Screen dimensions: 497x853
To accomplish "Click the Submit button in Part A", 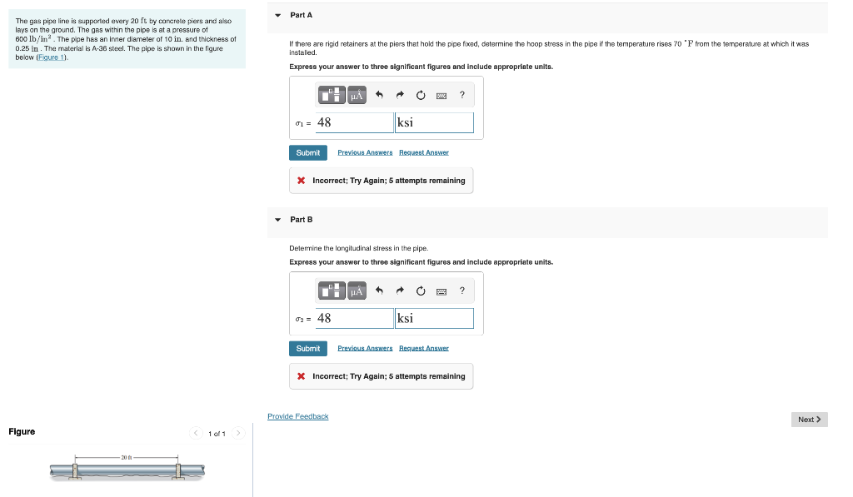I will point(307,153).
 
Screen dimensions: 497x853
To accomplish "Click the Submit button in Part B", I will point(307,349).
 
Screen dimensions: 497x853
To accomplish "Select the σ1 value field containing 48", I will point(353,123).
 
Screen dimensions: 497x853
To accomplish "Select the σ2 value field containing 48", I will point(353,319).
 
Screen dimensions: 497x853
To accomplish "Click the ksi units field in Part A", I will point(434,123).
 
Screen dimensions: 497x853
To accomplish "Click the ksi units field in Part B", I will point(434,319).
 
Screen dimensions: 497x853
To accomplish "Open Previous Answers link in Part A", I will point(365,153).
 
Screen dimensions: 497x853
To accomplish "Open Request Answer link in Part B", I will point(424,349).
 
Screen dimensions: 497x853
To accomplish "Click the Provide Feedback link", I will point(297,416).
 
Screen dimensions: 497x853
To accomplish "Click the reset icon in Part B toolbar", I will point(421,291).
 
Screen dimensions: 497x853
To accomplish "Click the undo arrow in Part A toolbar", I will point(379,96).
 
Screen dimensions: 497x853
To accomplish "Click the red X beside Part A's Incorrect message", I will point(301,181).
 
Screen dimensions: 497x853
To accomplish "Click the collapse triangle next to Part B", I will point(278,220).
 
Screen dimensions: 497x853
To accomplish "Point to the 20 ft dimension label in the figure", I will point(127,457).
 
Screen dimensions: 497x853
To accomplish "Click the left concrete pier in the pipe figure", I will point(75,471).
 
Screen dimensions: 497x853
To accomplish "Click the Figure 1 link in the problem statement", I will point(54,58).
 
